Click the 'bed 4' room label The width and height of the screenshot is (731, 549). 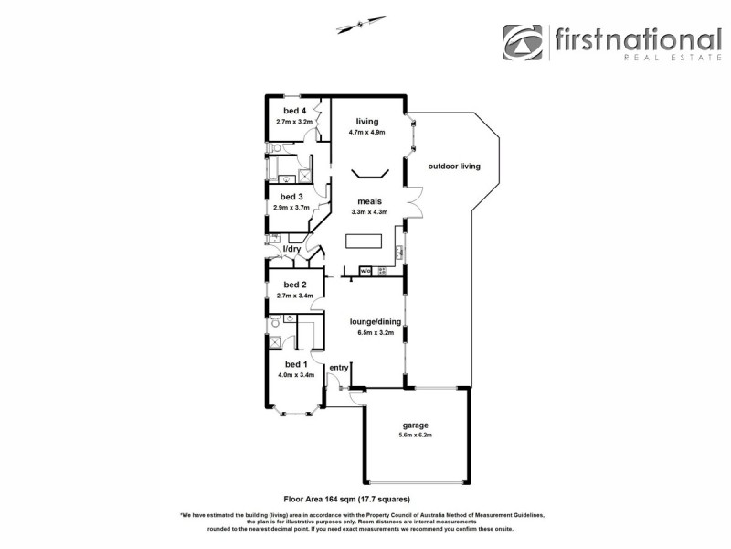pos(294,111)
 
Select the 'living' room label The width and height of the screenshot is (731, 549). pos(366,122)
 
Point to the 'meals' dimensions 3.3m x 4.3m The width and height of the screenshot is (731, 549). pos(369,212)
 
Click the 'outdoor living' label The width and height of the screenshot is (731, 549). pos(453,166)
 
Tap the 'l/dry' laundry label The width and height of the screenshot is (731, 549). pos(291,249)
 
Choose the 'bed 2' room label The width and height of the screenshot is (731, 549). pos(293,285)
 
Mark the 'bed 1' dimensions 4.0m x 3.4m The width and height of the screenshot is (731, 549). pos(295,374)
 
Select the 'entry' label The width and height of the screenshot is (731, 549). pos(339,368)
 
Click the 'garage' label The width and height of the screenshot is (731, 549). pos(416,425)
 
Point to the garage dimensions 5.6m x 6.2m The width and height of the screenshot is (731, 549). pos(416,436)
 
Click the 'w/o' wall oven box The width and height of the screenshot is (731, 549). pos(365,271)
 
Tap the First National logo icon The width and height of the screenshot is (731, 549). pos(523,43)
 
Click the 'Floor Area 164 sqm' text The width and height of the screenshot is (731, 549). pos(346,500)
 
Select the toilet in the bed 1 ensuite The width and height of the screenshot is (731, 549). pos(274,324)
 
